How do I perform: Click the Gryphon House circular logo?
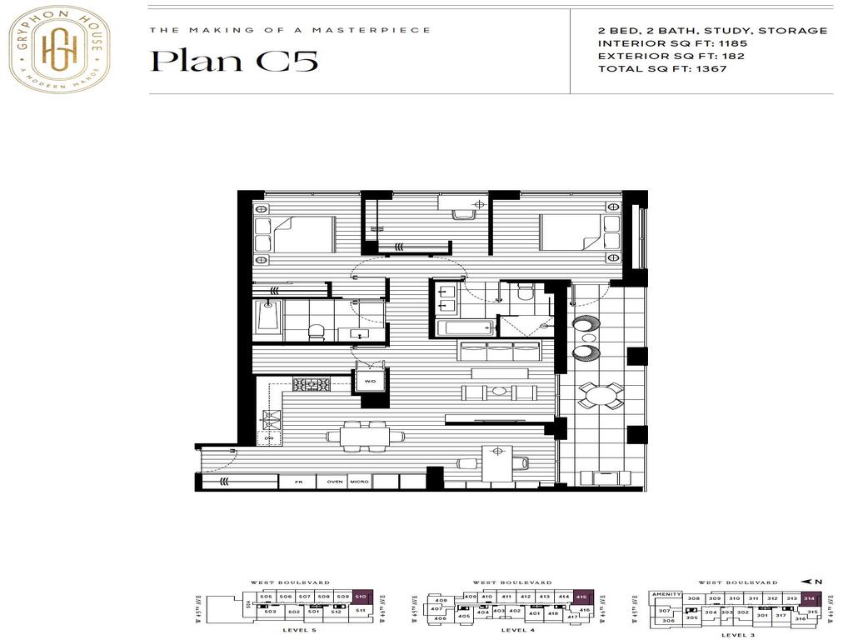click(59, 48)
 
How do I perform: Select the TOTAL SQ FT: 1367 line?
click(662, 69)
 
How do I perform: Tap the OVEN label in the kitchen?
click(335, 482)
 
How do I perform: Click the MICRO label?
click(360, 482)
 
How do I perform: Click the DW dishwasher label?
click(269, 437)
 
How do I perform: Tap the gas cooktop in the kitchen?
click(311, 384)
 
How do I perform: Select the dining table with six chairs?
click(367, 434)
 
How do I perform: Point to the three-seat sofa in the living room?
click(500, 351)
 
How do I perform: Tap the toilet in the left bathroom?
click(316, 332)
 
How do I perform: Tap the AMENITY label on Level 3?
click(667, 595)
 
